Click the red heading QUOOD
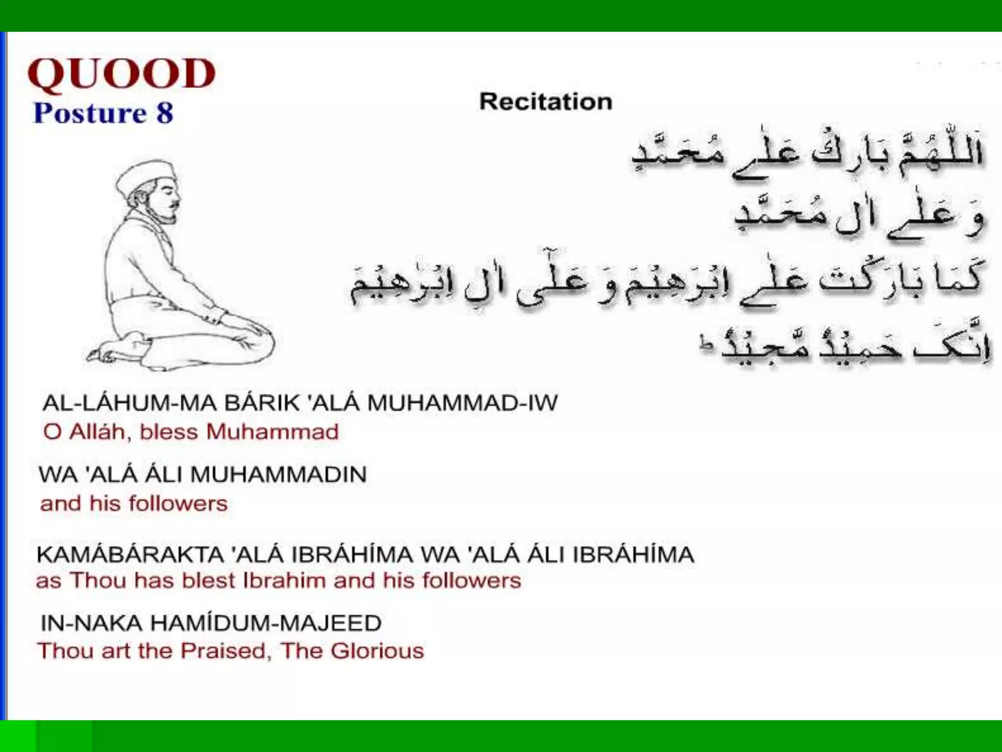pyautogui.click(x=122, y=74)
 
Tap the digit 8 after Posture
pyautogui.click(x=165, y=113)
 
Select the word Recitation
pyautogui.click(x=546, y=102)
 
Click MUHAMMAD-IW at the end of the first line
pyautogui.click(x=462, y=403)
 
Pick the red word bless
pyautogui.click(x=169, y=432)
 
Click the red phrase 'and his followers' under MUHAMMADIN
pyautogui.click(x=134, y=504)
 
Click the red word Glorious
pyautogui.click(x=377, y=651)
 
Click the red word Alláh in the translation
pyautogui.click(x=97, y=432)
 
